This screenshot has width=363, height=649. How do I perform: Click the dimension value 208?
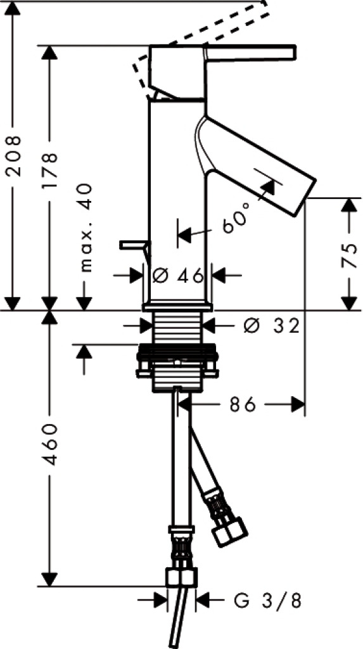[x=14, y=156]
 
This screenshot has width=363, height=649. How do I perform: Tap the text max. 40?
[x=86, y=228]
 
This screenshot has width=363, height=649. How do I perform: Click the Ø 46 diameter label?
[x=179, y=275]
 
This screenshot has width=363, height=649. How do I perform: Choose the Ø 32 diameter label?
[x=271, y=326]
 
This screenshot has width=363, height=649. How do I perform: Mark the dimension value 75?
[x=350, y=255]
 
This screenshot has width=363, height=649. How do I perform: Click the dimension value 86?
[x=243, y=406]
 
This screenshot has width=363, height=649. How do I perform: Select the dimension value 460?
[x=50, y=444]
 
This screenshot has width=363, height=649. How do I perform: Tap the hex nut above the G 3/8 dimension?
[x=181, y=577]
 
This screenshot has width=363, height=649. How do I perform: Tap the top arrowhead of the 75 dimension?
[x=350, y=205]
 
